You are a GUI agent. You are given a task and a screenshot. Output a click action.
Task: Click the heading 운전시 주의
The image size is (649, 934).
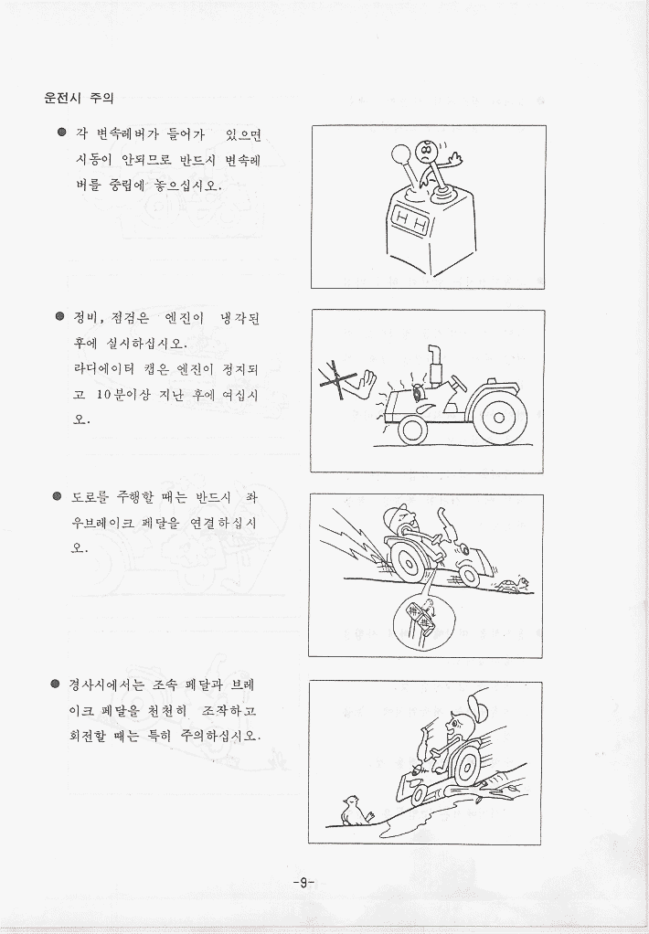pos(79,98)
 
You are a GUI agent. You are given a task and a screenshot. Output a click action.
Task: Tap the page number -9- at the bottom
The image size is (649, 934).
pos(303,882)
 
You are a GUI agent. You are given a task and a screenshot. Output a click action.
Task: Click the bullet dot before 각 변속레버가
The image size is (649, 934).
pos(61,133)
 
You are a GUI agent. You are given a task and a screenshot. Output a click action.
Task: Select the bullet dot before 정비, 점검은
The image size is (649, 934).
pos(60,316)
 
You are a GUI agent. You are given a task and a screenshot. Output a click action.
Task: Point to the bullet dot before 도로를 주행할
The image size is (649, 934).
pos(58,495)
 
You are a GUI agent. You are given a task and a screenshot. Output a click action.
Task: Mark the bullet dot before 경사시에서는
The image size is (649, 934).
pos(56,684)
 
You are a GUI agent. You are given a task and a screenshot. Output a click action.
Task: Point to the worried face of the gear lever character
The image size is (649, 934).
pos(424,152)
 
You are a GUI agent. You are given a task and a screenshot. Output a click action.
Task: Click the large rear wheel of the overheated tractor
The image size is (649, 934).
pos(497,417)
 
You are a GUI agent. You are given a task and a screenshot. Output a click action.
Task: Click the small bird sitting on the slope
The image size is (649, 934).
pos(355,811)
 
